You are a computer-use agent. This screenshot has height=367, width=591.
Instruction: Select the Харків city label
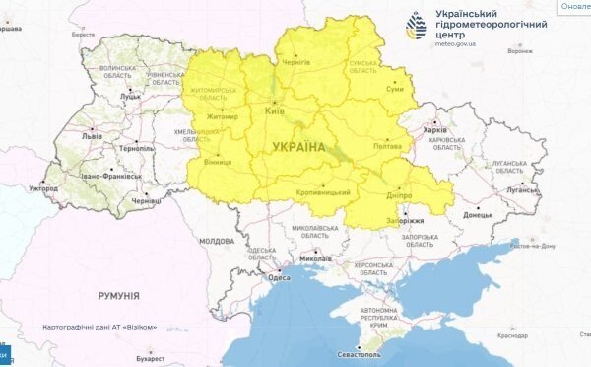coord(434,129)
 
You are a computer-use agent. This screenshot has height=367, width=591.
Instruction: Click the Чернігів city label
coord(312,62)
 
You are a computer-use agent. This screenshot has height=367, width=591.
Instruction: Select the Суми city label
coord(394,90)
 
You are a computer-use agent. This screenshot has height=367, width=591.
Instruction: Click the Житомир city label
coord(223,117)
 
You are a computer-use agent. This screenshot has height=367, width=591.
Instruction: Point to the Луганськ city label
coord(522,190)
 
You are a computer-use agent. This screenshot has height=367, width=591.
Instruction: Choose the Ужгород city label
coord(43,187)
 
